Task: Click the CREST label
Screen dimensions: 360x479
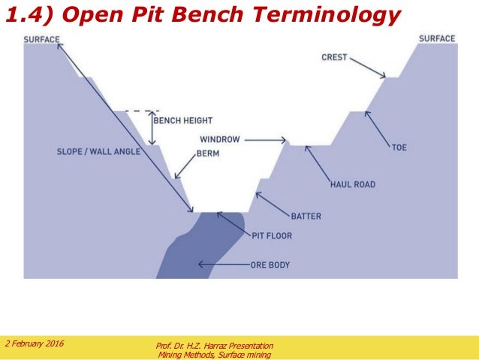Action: coord(334,57)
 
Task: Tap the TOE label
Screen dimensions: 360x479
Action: coord(399,147)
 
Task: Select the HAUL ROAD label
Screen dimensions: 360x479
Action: coord(352,184)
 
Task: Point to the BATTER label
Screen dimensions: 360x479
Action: coord(306,216)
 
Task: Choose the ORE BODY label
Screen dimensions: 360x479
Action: coord(270,265)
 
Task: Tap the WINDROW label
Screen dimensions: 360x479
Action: coord(218,140)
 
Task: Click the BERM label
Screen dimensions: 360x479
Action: coord(207,153)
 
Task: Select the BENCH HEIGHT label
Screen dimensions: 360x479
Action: coord(182,120)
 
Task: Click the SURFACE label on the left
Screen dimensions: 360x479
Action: coord(41,39)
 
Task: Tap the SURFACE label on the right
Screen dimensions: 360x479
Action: coord(437,38)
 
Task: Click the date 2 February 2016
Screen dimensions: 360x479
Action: coord(35,343)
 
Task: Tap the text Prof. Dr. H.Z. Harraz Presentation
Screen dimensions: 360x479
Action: coord(213,345)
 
